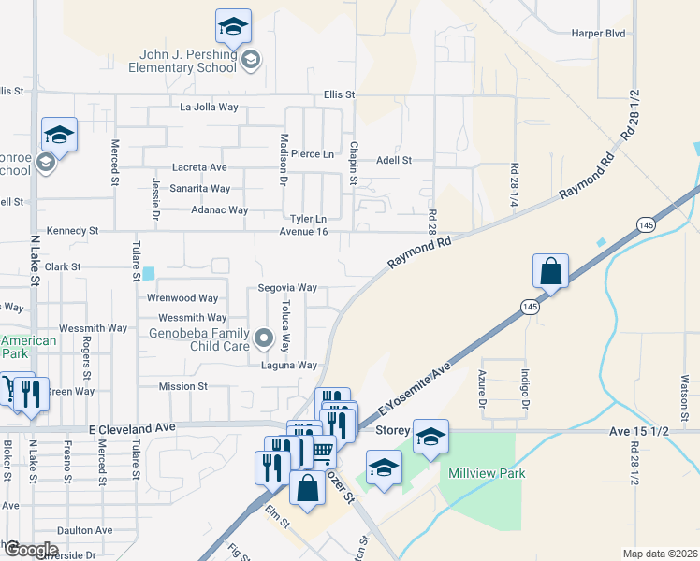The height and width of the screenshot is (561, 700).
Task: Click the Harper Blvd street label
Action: pos(598,32)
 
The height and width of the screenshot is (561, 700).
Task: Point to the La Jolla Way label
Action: pos(210,108)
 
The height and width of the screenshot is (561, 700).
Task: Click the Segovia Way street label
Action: pos(287,288)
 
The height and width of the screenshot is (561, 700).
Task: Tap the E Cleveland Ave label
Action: pos(132,427)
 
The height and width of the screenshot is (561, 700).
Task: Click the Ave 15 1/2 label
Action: pos(635,431)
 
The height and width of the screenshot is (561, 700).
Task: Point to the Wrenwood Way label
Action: pos(182,299)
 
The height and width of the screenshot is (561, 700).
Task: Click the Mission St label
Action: pos(182,386)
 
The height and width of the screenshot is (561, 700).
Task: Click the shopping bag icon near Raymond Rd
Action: pos(551,272)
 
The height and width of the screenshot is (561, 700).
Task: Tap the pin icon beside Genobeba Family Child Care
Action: pos(264,337)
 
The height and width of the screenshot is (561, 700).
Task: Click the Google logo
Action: pos(30,551)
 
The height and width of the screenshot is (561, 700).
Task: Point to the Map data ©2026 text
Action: pos(660,554)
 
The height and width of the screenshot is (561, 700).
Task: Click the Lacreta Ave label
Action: pos(197,167)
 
